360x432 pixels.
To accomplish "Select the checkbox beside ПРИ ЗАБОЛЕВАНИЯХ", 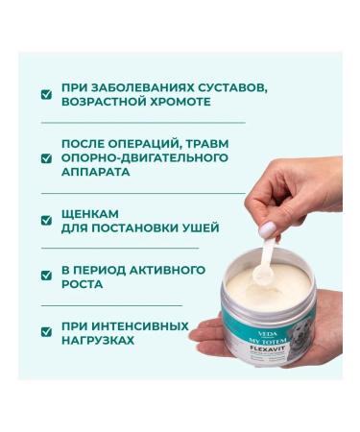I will point(45,93).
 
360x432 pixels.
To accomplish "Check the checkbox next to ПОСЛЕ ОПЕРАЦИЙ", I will point(45,156).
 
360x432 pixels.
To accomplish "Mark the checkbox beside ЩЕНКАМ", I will point(45,221).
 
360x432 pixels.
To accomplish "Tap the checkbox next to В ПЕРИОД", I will point(45,276).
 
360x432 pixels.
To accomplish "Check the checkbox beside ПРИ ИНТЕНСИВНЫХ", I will point(45,332).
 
